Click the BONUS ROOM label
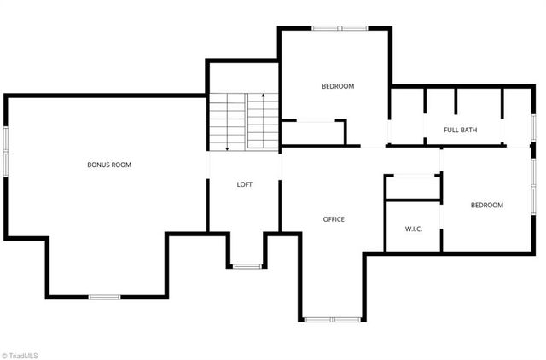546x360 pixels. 109,165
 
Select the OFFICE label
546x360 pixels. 334,220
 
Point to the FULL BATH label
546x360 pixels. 461,131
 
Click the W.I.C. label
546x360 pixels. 414,229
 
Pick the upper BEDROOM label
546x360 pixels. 338,86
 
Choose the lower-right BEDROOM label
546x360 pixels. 487,206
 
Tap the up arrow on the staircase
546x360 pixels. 264,97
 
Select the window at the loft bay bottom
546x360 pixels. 246,267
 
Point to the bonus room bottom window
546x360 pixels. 105,297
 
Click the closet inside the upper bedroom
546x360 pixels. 313,133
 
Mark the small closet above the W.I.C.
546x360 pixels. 413,188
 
